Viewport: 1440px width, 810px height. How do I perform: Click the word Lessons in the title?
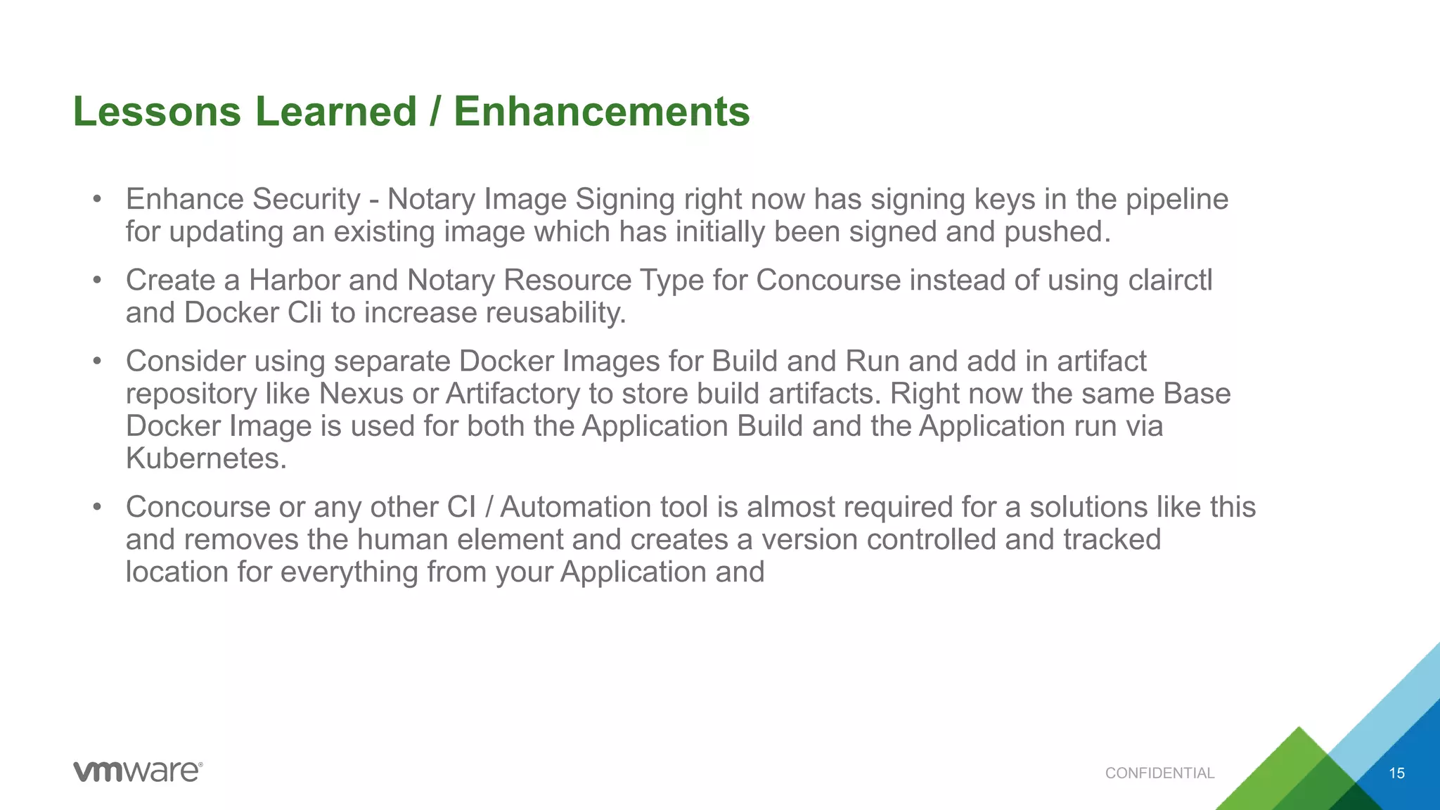156,112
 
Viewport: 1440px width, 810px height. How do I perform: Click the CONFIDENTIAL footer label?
1159,773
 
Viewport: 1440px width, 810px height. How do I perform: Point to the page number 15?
1396,773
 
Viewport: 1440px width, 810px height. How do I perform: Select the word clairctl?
1170,281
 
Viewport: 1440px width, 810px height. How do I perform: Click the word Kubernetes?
206,458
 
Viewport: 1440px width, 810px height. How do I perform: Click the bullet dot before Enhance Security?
98,200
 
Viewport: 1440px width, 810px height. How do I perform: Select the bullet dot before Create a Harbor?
98,281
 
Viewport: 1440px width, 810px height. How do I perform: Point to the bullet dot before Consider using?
98,361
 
